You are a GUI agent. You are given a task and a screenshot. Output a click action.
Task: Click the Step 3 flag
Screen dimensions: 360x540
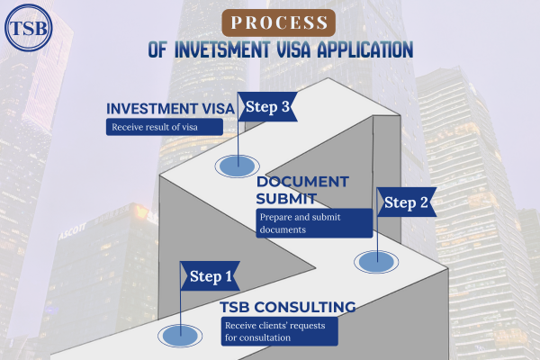(267, 107)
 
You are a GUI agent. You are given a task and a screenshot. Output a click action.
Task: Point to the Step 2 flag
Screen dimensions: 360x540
(407, 202)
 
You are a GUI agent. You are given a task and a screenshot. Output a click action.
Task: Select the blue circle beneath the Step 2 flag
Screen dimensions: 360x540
(374, 261)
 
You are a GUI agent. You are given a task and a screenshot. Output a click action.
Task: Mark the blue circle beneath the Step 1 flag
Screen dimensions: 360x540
(180, 337)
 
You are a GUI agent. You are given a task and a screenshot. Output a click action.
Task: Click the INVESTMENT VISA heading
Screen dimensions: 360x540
(170, 109)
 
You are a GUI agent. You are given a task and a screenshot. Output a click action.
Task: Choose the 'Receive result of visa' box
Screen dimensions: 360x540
(164, 128)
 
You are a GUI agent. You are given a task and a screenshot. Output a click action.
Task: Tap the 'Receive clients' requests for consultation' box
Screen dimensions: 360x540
(279, 331)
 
